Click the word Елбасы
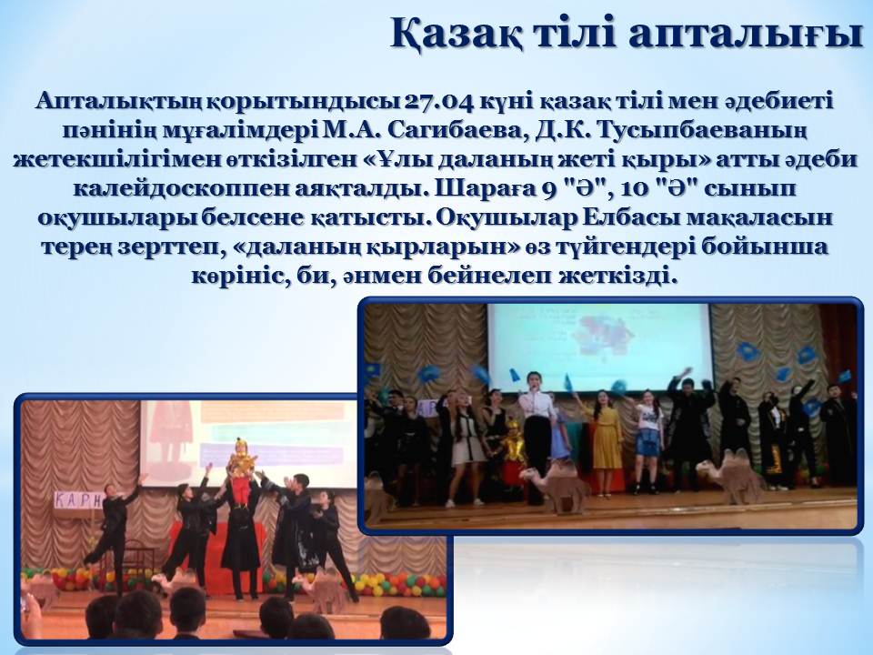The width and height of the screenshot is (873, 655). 629,217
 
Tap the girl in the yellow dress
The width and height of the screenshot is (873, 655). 606,441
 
